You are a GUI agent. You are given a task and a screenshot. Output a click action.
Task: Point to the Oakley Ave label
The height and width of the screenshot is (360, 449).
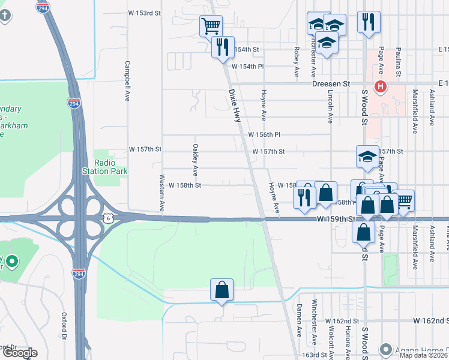click(x=195, y=156)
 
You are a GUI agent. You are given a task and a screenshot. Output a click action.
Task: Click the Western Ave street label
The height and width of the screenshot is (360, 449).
click(x=162, y=192)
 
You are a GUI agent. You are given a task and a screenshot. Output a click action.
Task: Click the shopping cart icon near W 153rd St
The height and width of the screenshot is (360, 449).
click(x=211, y=25)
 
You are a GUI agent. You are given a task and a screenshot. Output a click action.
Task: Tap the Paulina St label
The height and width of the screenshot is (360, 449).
click(x=398, y=64)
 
